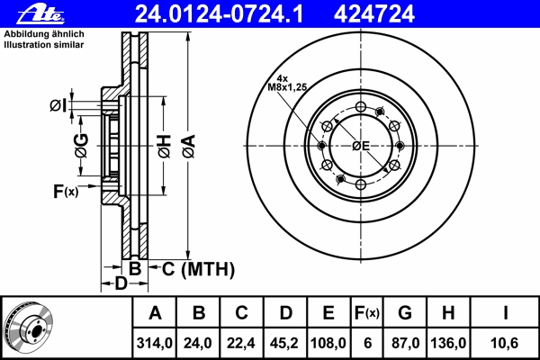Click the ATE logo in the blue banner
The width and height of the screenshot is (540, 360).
pos(40,14)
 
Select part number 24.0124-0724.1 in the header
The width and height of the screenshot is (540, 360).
pos(219,14)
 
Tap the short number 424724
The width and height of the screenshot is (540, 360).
pos(373,14)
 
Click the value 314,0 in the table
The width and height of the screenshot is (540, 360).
pos(154,343)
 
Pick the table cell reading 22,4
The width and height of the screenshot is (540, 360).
pos(240,343)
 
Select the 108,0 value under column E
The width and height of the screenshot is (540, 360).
pos(328,343)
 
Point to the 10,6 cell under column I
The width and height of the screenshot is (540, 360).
pos(505,343)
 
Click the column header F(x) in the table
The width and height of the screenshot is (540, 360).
pos(366,313)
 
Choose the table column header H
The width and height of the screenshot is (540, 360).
pos(448,313)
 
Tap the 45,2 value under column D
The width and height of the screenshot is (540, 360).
pos(284,343)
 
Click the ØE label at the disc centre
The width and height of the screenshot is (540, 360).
pos(361,146)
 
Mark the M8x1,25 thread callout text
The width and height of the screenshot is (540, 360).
pos(287,87)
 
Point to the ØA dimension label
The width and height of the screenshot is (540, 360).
pos(189,146)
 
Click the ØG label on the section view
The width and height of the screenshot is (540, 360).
pos(82,146)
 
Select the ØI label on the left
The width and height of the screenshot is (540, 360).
pos(58,106)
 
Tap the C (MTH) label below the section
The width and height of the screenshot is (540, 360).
pos(198,269)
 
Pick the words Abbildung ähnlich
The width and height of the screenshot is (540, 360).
pos(44,34)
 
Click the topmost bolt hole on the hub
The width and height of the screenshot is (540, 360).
pos(361,107)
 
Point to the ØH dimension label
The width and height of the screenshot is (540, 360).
pos(165,146)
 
